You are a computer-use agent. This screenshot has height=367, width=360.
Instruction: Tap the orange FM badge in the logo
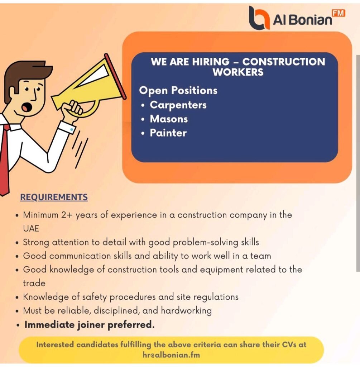click(338, 13)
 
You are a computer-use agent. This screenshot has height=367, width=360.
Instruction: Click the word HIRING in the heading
click(211, 62)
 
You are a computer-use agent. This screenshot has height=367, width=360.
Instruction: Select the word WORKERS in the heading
click(238, 72)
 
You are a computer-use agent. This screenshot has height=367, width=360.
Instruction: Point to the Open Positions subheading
click(178, 90)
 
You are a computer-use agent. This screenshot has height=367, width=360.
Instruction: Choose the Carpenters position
click(178, 105)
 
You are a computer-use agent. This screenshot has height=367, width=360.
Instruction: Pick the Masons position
click(169, 119)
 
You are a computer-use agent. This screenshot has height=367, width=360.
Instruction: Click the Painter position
click(168, 133)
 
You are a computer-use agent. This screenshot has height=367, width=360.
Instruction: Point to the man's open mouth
click(26, 107)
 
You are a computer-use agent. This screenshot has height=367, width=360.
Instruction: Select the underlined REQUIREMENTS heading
click(54, 197)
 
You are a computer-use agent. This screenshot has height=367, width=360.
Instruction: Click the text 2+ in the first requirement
click(67, 215)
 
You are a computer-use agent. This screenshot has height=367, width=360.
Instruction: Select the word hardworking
click(186, 310)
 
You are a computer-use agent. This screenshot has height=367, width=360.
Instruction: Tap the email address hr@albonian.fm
click(171, 355)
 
